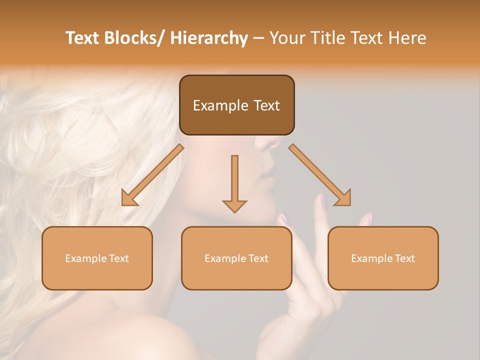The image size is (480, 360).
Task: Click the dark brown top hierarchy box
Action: point(236,105)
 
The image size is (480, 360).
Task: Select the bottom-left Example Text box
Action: point(97,258)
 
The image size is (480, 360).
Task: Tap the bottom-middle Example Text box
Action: point(236,258)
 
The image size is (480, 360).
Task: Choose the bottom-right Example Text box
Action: point(383,258)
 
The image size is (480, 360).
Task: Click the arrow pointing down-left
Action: point(152,175)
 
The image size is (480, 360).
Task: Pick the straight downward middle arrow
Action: point(234,183)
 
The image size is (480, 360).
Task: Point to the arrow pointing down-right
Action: point(320,175)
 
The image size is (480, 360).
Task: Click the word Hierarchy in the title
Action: point(209,38)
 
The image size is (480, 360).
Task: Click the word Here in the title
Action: point(407,38)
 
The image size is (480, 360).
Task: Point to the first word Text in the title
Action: point(82,38)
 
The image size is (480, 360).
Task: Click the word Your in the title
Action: point(287,38)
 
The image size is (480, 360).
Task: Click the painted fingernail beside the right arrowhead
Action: point(323,200)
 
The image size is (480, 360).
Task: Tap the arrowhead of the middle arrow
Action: point(234,205)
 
